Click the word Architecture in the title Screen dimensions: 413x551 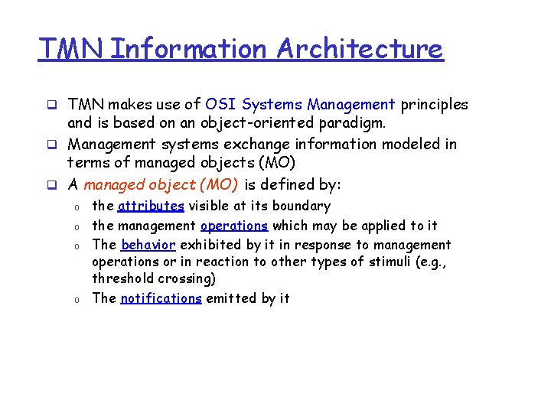(360, 49)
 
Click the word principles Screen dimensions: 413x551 (434, 104)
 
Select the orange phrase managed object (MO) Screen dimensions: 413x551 (161, 184)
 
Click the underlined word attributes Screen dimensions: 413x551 (151, 206)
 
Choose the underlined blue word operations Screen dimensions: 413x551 (234, 226)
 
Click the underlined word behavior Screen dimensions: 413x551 (148, 245)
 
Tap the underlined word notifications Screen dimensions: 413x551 (161, 298)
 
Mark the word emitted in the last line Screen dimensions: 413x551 (230, 298)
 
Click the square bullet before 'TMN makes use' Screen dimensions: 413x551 (53, 105)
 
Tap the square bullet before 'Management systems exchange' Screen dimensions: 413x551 (53, 145)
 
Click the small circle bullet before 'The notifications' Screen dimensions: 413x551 (77, 299)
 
